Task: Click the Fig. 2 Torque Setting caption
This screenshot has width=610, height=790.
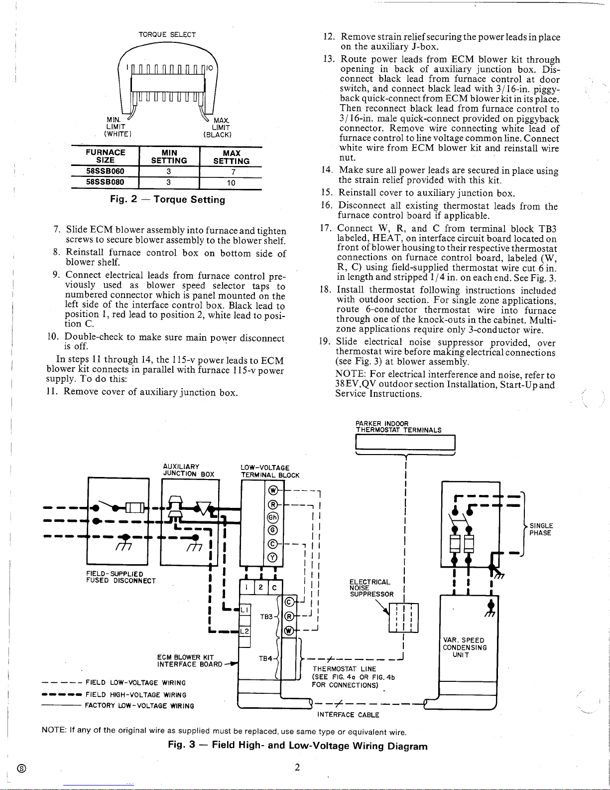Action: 167,199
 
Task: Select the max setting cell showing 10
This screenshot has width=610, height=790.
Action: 231,183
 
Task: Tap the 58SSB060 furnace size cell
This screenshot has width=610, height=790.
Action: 105,171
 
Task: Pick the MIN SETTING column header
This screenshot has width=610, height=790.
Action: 169,157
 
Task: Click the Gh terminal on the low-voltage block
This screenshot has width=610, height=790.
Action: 273,517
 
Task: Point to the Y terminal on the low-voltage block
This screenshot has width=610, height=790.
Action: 273,557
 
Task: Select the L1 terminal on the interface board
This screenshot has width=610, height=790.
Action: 244,609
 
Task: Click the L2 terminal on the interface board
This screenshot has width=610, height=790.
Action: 244,631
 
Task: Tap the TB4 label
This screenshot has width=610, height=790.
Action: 265,658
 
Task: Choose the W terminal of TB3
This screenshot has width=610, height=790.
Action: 289,631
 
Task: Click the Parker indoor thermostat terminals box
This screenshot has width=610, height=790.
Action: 405,443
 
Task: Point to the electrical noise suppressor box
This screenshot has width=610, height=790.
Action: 403,618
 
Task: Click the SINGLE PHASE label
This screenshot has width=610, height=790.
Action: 541,529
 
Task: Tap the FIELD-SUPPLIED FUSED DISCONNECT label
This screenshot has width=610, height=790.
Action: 121,577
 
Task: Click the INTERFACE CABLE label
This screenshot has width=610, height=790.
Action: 348,715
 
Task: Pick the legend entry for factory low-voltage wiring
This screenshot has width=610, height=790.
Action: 118,706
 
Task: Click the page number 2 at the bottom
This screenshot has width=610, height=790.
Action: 297,767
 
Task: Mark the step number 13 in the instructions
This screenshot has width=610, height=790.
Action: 329,59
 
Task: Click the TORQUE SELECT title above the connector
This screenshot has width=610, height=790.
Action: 167,34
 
